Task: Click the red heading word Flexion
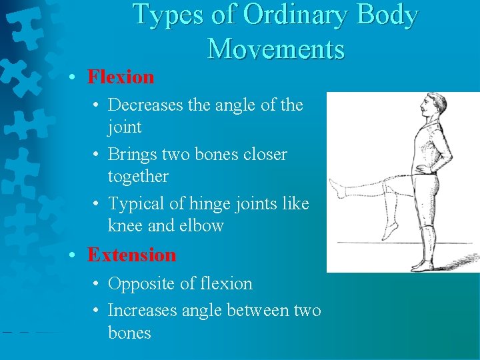pos(121,77)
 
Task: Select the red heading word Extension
pos(131,255)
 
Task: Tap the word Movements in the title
pos(275,49)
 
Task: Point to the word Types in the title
pos(167,15)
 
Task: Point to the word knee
pos(126,226)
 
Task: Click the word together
pos(138,177)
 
